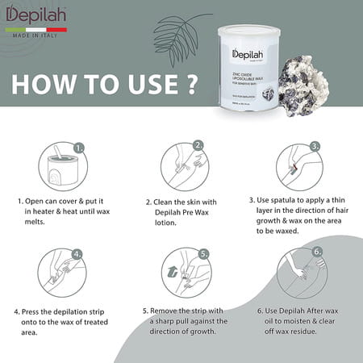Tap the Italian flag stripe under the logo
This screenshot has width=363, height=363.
pyautogui.click(x=36, y=29)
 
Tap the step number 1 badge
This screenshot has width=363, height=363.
pyautogui.click(x=78, y=148)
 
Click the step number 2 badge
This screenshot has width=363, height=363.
pyautogui.click(x=198, y=146)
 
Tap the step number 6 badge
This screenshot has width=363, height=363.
pyautogui.click(x=318, y=251)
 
